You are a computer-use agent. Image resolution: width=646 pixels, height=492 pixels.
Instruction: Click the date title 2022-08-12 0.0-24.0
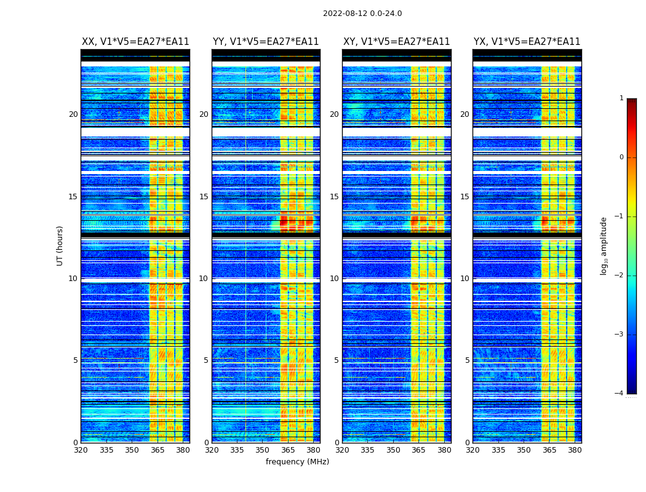pyautogui.click(x=362, y=14)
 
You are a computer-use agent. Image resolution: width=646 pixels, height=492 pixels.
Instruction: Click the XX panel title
pyautogui.click(x=135, y=42)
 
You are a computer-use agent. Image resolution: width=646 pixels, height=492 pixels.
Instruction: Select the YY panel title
pyautogui.click(x=266, y=42)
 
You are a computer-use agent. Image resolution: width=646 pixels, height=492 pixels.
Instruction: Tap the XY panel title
pyautogui.click(x=396, y=42)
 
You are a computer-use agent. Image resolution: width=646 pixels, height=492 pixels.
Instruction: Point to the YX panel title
pyautogui.click(x=527, y=42)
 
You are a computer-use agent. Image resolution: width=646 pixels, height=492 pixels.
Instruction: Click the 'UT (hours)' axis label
pyautogui.click(x=60, y=245)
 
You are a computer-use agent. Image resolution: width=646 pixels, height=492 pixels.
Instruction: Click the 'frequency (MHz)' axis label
pyautogui.click(x=297, y=462)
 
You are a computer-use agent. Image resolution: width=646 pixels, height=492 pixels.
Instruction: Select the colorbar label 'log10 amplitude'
pyautogui.click(x=604, y=245)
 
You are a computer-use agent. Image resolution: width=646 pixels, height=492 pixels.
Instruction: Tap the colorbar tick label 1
pyautogui.click(x=621, y=98)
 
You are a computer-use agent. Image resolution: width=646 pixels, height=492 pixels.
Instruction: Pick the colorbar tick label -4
pyautogui.click(x=620, y=394)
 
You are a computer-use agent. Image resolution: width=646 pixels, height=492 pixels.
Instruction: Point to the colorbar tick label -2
pyautogui.click(x=620, y=276)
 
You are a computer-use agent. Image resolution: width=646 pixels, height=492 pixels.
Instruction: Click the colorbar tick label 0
pyautogui.click(x=621, y=157)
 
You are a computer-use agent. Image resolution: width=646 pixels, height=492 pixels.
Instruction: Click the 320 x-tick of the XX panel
pyautogui.click(x=81, y=450)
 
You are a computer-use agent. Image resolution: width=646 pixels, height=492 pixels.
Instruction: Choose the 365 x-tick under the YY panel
pyautogui.click(x=288, y=450)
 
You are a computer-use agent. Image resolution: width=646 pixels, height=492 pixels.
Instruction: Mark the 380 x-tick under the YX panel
pyautogui.click(x=575, y=450)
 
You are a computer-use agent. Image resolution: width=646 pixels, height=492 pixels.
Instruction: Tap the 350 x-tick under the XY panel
pyautogui.click(x=393, y=450)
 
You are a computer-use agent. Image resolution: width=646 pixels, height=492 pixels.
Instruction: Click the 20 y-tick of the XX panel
pyautogui.click(x=73, y=114)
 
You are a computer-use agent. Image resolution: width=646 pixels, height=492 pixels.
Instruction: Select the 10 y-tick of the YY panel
pyautogui.click(x=204, y=279)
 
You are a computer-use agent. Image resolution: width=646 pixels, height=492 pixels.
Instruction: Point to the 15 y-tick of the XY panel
pyautogui.click(x=334, y=197)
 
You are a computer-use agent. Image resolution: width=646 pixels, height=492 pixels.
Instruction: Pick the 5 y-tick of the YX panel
pyautogui.click(x=467, y=360)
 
